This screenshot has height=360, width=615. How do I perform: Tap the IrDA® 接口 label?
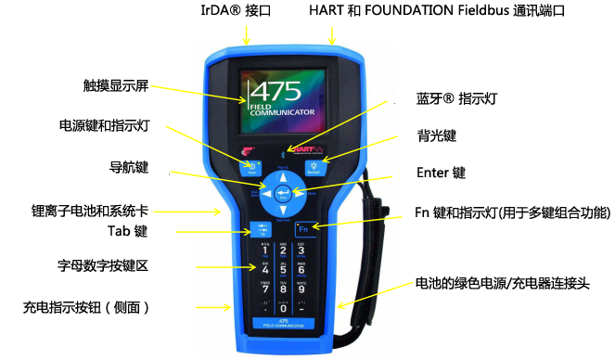point(244,10)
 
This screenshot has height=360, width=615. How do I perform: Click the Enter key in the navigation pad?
point(282,193)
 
